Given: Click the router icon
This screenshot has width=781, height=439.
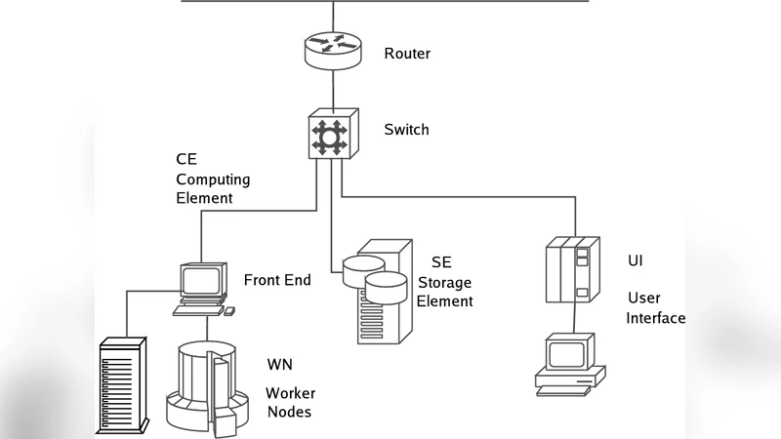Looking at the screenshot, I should (332, 48).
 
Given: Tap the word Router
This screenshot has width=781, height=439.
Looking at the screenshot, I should (407, 54).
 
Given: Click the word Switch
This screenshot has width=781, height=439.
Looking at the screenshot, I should (406, 130).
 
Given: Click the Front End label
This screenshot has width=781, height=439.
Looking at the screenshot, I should (277, 280).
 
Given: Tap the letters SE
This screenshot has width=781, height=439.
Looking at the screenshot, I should (441, 262).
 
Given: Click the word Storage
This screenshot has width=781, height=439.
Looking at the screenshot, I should (444, 283).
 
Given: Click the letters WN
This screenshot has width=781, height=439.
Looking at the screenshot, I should (280, 365).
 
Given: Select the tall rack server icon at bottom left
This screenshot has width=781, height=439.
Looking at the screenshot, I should (122, 385).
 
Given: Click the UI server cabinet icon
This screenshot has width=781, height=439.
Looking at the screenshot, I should (569, 270).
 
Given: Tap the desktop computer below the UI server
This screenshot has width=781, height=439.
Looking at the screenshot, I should (569, 363).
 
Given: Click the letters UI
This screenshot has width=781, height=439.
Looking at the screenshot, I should (636, 261).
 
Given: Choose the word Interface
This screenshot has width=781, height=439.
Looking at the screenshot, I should (655, 318).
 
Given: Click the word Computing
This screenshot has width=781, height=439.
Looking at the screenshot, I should (213, 180).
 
